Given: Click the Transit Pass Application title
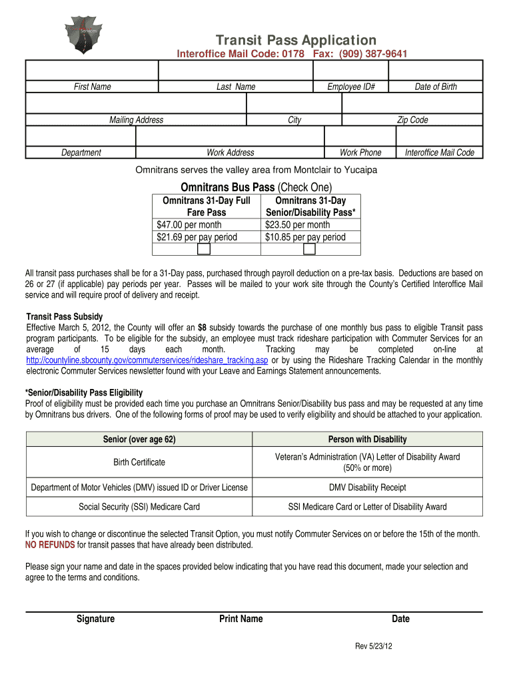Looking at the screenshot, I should (x=295, y=40).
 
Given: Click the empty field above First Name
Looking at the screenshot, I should (x=92, y=70).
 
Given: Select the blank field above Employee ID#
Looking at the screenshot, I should (x=350, y=70).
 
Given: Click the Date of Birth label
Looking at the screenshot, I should (x=436, y=87).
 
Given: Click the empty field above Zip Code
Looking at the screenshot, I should (x=412, y=103).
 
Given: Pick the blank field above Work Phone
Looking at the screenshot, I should (x=360, y=136).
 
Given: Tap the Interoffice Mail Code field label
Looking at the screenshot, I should (x=439, y=153).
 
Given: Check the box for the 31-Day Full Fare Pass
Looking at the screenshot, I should (x=204, y=249).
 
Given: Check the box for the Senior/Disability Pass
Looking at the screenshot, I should (x=309, y=249).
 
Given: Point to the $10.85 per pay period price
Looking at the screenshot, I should (x=305, y=236).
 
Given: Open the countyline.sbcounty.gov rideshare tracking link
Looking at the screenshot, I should (x=147, y=360).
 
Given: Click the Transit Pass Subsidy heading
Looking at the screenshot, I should (x=64, y=316).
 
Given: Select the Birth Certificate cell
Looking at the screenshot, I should (x=139, y=462).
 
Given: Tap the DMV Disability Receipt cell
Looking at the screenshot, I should (x=367, y=488).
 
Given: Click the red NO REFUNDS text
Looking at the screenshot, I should (x=50, y=545).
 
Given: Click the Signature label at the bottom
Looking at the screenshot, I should (x=95, y=619).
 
